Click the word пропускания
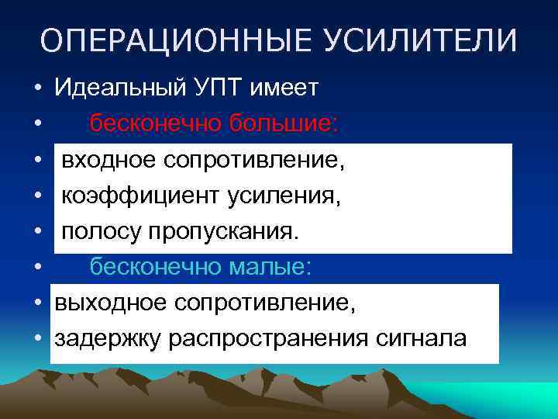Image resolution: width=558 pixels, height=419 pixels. [230, 232]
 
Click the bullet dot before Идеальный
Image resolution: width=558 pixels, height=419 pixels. [37, 88]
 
